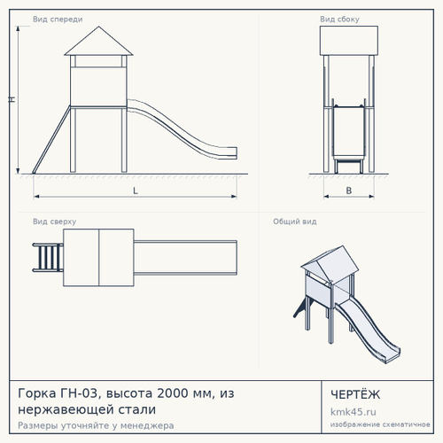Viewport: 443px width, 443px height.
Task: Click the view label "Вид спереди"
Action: [58, 19]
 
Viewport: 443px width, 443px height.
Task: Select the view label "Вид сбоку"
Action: [339, 19]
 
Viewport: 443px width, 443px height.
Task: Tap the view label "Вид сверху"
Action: [54, 221]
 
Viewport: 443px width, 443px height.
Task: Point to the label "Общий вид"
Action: [295, 221]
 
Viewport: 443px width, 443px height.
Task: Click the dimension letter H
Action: [12, 99]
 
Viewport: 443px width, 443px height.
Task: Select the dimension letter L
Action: [136, 190]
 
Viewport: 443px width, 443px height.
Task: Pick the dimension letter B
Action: [349, 190]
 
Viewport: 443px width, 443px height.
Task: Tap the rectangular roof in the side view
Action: [349, 41]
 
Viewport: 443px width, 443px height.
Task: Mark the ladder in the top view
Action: [48, 257]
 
